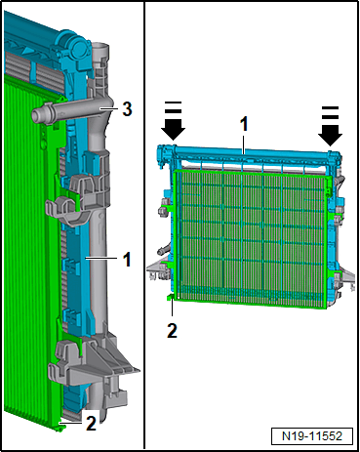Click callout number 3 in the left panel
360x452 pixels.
click(127, 109)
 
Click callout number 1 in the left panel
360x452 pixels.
click(127, 259)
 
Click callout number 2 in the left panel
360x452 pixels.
click(91, 424)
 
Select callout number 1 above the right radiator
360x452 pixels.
click(244, 124)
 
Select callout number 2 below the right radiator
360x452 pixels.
click(172, 330)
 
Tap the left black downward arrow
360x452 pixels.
click(174, 125)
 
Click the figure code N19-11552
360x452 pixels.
click(312, 435)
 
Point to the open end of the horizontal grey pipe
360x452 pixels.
click(36, 116)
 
